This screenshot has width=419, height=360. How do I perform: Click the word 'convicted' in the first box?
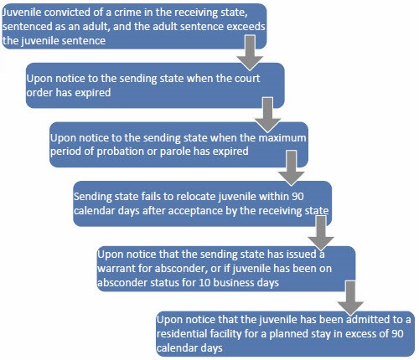tap(65, 13)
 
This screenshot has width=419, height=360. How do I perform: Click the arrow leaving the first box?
tap(250, 53)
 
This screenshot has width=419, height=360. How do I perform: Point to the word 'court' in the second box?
tap(247, 79)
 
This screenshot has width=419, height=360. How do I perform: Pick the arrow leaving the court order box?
tap(267, 115)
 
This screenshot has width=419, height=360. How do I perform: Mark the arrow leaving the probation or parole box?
tap(292, 168)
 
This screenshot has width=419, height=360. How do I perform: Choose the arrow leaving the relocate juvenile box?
tap(321, 234)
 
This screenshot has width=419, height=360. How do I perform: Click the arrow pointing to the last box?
tap(350, 298)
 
